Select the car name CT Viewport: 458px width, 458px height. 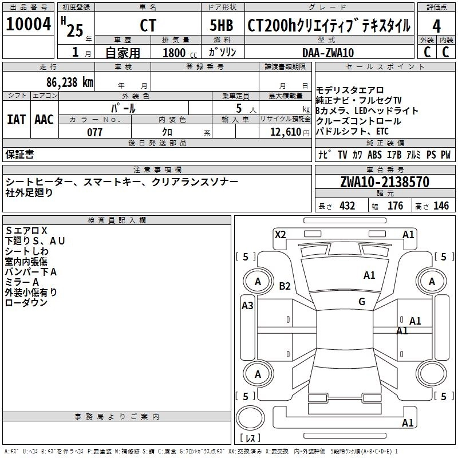tap(148, 26)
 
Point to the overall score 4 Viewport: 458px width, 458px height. tap(436, 26)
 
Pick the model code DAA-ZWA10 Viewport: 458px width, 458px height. tap(329, 52)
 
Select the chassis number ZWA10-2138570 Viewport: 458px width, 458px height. tap(384, 182)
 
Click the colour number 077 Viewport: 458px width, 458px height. tap(94, 132)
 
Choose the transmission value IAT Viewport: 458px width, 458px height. tap(16, 120)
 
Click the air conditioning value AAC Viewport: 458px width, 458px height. tap(44, 120)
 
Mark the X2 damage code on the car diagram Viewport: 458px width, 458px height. tap(280, 234)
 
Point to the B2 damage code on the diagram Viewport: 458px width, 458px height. tap(285, 286)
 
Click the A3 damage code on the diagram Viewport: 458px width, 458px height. tap(247, 305)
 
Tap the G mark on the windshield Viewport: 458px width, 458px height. tap(362, 302)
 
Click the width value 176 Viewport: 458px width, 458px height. tap(396, 206)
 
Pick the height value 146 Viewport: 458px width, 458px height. tap(441, 206)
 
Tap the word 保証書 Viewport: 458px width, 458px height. tap(19, 154)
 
